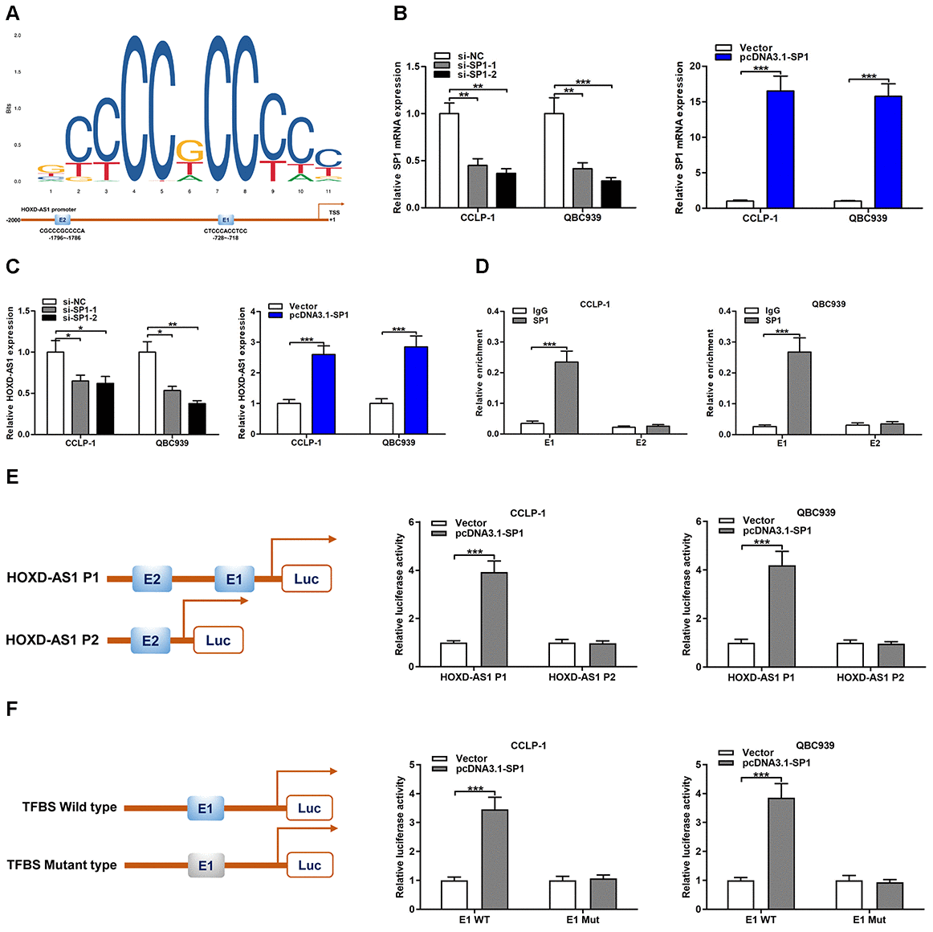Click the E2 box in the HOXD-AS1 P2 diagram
151,640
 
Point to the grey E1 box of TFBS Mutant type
206,865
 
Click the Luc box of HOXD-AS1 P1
307,578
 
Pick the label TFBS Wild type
69,807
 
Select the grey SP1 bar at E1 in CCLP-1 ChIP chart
566,398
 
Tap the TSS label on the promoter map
334,213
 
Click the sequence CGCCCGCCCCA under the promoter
62,231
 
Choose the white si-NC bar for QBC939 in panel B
554,161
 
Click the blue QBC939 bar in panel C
416,390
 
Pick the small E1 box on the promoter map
226,219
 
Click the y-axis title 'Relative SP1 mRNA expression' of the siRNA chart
397,137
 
